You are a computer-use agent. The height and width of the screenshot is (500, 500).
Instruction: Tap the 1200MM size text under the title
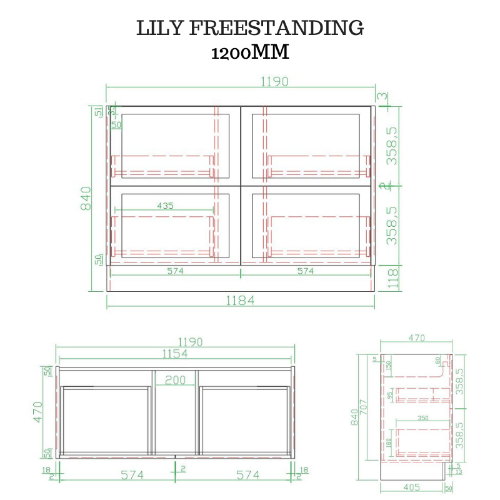click(x=250, y=52)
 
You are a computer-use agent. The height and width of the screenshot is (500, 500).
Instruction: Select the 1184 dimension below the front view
click(x=240, y=301)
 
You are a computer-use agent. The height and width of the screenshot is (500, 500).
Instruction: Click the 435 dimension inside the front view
click(x=166, y=206)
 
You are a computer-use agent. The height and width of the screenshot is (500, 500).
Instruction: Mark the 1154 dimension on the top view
click(x=175, y=354)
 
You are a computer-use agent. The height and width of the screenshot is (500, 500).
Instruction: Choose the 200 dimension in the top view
click(x=175, y=380)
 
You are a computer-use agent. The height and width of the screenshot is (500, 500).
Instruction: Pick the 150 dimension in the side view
click(x=389, y=366)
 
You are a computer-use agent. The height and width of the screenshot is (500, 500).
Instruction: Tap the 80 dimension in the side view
click(x=437, y=361)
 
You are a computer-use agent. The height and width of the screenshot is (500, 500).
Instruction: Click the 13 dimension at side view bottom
click(x=459, y=471)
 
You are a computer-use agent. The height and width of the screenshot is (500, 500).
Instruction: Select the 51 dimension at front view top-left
click(x=98, y=112)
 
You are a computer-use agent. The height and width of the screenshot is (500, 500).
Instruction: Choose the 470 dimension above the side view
click(x=416, y=338)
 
